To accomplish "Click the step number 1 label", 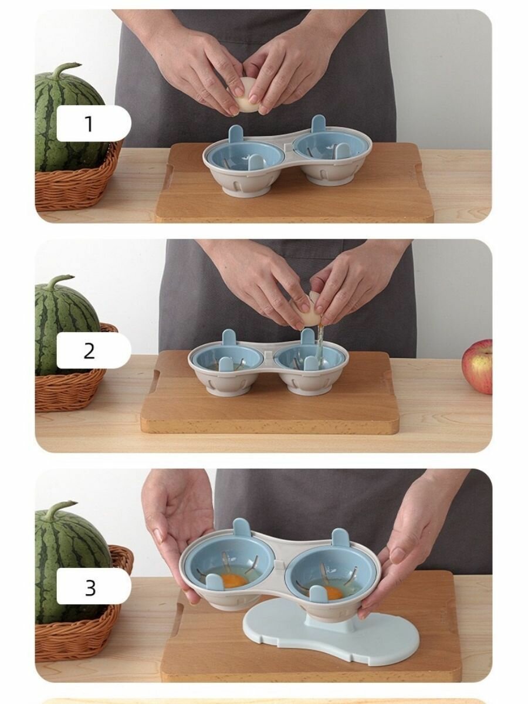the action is click(89, 124).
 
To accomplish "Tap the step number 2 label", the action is click(89, 351).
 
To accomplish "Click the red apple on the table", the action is click(477, 367).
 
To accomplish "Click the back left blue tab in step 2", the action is click(228, 341).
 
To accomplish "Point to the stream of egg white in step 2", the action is click(319, 343).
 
